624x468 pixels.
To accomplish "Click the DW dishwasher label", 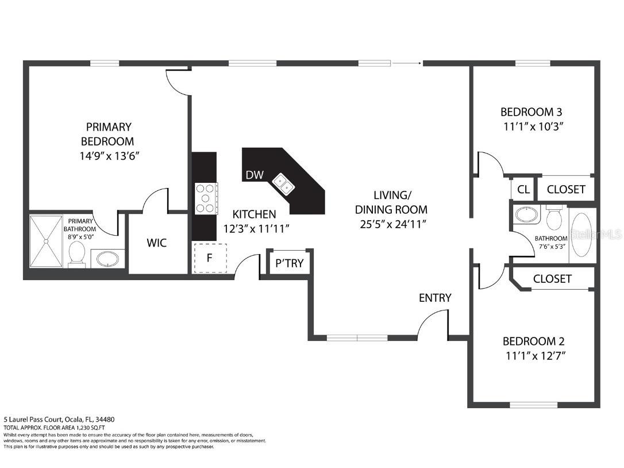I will click(x=255, y=175).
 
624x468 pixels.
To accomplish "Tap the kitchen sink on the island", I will click(x=283, y=183).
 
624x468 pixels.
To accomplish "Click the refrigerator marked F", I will click(x=210, y=258).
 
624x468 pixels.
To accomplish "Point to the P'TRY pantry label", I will click(x=290, y=264).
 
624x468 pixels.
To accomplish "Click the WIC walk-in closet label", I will click(x=156, y=243).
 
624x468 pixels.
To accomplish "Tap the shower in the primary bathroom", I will click(x=46, y=240).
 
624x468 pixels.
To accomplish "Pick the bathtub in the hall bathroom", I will click(x=582, y=234).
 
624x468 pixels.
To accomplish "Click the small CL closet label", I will click(x=523, y=189).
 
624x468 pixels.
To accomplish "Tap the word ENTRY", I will click(x=435, y=298).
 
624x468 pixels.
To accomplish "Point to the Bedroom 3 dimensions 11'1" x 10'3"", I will click(x=530, y=126).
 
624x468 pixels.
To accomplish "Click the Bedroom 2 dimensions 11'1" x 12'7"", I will click(x=535, y=356).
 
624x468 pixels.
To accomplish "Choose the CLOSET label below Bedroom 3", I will click(x=566, y=189).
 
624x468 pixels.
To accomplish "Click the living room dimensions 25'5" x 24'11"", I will click(x=391, y=224).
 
